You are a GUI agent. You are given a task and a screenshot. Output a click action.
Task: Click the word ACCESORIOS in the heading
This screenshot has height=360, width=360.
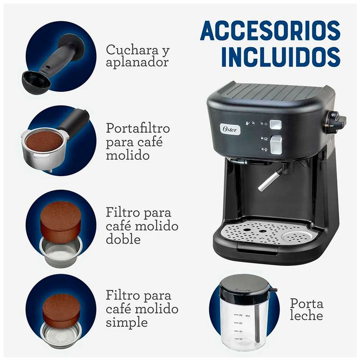click(x=270, y=31)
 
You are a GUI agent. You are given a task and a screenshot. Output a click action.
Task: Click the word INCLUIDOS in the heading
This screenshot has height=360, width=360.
click(x=280, y=57)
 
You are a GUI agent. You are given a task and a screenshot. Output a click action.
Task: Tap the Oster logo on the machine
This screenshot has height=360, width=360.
click(x=230, y=130)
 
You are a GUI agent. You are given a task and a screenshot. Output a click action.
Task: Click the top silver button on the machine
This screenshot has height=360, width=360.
click(x=276, y=125)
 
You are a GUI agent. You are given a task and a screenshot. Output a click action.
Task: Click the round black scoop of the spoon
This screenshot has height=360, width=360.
click(x=36, y=82)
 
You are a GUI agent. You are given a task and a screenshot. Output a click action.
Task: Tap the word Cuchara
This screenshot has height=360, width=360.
click(x=132, y=49)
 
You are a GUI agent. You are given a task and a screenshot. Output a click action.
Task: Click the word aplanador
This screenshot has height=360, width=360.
click(x=137, y=63)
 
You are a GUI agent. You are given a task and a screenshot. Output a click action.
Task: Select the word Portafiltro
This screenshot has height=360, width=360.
click(x=138, y=128)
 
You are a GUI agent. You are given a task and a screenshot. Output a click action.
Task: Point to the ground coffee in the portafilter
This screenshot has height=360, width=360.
click(x=44, y=140)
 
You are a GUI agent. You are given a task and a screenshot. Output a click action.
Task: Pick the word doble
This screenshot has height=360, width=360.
click(x=123, y=239)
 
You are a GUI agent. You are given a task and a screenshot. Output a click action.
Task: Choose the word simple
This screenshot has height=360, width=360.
click(x=127, y=323)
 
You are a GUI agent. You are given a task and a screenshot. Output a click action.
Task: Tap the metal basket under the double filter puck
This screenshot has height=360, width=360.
click(x=61, y=252)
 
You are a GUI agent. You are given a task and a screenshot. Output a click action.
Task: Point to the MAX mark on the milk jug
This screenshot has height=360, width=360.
click(x=248, y=316)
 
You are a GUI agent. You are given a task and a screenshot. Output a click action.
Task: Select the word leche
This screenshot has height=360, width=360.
click(x=306, y=315)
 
